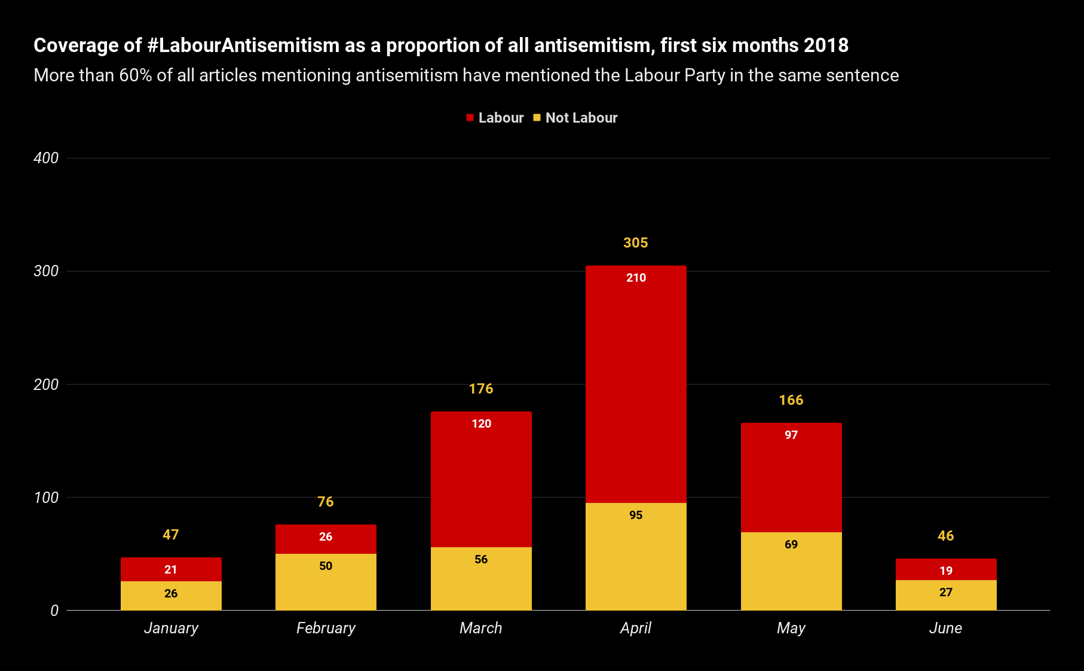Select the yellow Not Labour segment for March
(x=481, y=578)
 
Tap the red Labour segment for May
(x=791, y=477)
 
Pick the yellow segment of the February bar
(x=326, y=582)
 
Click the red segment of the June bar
(x=946, y=569)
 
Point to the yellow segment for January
(x=171, y=596)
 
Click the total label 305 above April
(x=636, y=243)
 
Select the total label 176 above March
(x=481, y=389)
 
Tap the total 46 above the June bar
(x=946, y=536)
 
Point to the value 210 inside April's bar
(x=636, y=277)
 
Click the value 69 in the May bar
(x=791, y=544)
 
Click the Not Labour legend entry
(x=575, y=118)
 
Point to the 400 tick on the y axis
(x=46, y=158)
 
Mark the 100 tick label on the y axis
(x=46, y=498)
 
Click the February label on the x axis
(x=326, y=628)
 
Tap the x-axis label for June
(x=946, y=628)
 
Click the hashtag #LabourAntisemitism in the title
(x=243, y=45)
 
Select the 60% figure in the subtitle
(x=136, y=75)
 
